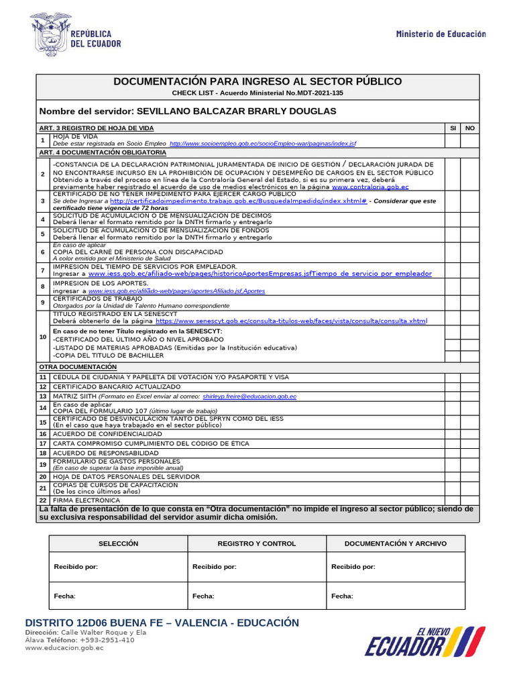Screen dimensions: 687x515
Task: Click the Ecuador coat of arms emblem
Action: click(x=51, y=34)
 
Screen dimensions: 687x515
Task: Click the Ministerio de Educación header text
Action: click(x=441, y=34)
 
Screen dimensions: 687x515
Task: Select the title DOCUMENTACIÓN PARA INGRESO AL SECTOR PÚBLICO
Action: click(x=257, y=81)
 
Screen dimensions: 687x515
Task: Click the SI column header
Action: click(x=452, y=127)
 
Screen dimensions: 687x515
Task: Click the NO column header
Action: click(x=470, y=127)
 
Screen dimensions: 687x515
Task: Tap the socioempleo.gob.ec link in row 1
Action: click(x=263, y=144)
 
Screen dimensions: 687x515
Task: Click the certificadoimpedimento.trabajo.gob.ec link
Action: click(x=238, y=201)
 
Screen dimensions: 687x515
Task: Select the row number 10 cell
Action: click(x=42, y=337)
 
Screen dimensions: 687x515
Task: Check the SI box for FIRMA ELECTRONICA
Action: click(x=452, y=500)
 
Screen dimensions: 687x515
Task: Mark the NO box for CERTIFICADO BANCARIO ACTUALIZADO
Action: click(x=470, y=387)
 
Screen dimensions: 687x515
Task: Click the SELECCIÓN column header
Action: click(x=118, y=543)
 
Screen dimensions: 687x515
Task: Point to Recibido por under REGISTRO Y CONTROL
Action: click(x=214, y=567)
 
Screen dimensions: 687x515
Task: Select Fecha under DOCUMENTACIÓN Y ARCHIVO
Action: click(x=341, y=596)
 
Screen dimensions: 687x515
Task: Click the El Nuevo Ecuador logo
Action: click(x=424, y=642)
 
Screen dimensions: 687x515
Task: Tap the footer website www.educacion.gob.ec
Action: click(x=64, y=647)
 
